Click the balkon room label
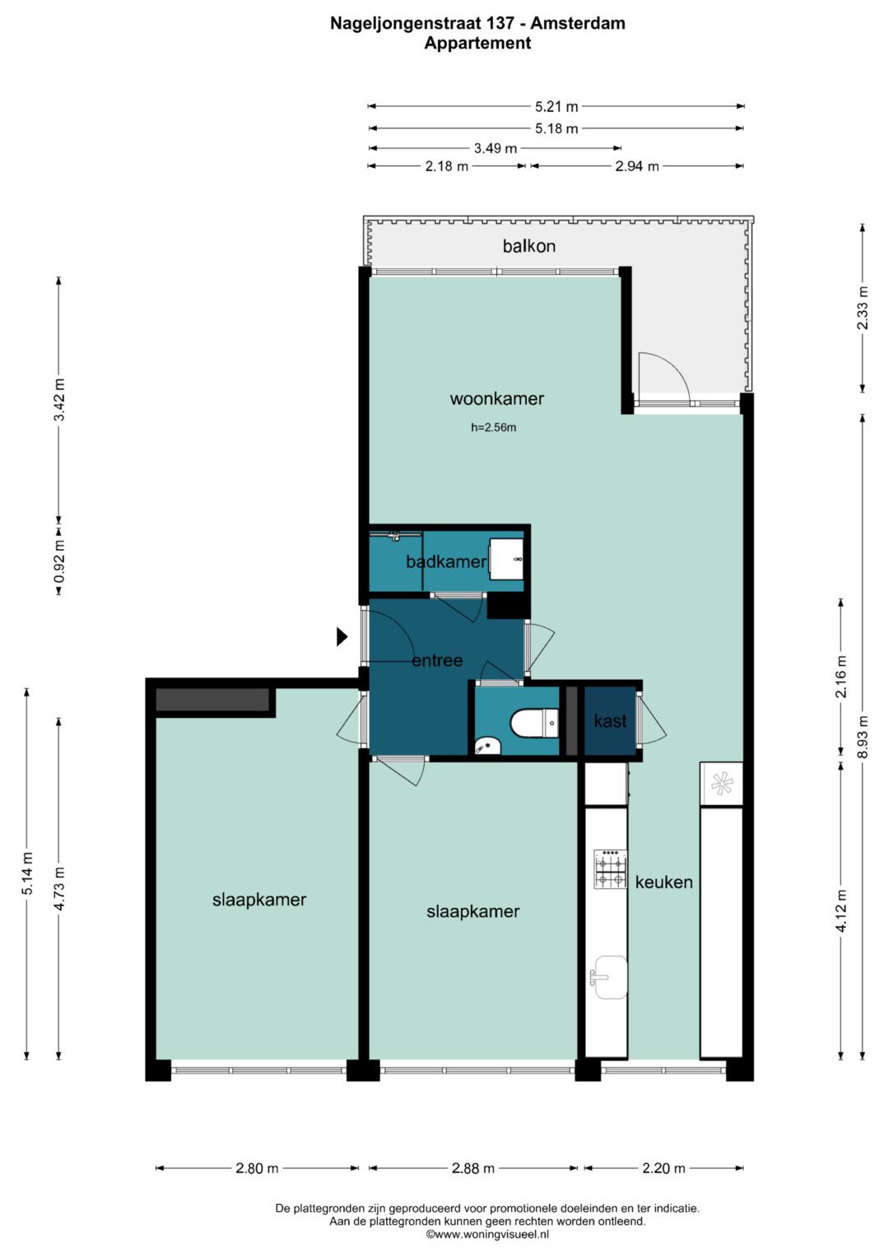point(528,246)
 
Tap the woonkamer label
point(496,399)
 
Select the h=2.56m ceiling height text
point(493,427)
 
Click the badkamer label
point(446,561)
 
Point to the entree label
point(437,660)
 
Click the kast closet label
point(610,721)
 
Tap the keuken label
point(664,882)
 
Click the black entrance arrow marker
point(342,637)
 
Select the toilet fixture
point(534,722)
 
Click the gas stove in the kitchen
point(611,868)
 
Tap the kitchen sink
point(608,978)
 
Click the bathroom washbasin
point(507,560)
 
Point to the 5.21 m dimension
point(556,106)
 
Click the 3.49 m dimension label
point(495,149)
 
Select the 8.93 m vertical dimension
point(863,736)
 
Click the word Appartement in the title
point(477,43)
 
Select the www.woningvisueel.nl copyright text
point(487,1234)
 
